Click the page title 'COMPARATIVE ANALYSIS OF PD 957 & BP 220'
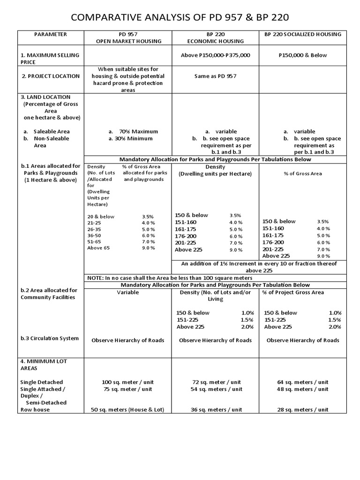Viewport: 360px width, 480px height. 180,18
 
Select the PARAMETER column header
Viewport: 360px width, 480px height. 50,34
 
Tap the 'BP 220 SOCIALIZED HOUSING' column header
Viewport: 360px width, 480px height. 302,34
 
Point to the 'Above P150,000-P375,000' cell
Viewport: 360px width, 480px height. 215,55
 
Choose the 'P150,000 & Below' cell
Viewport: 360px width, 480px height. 302,55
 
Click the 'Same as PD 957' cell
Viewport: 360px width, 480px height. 215,76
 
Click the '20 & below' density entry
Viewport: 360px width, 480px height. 100,217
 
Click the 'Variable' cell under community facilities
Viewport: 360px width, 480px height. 127,292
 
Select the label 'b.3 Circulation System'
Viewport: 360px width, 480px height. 49,338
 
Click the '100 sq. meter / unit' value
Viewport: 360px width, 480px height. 127,382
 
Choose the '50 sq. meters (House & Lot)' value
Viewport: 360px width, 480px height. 127,409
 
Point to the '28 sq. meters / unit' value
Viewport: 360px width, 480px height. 302,409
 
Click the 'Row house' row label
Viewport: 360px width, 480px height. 35,409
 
